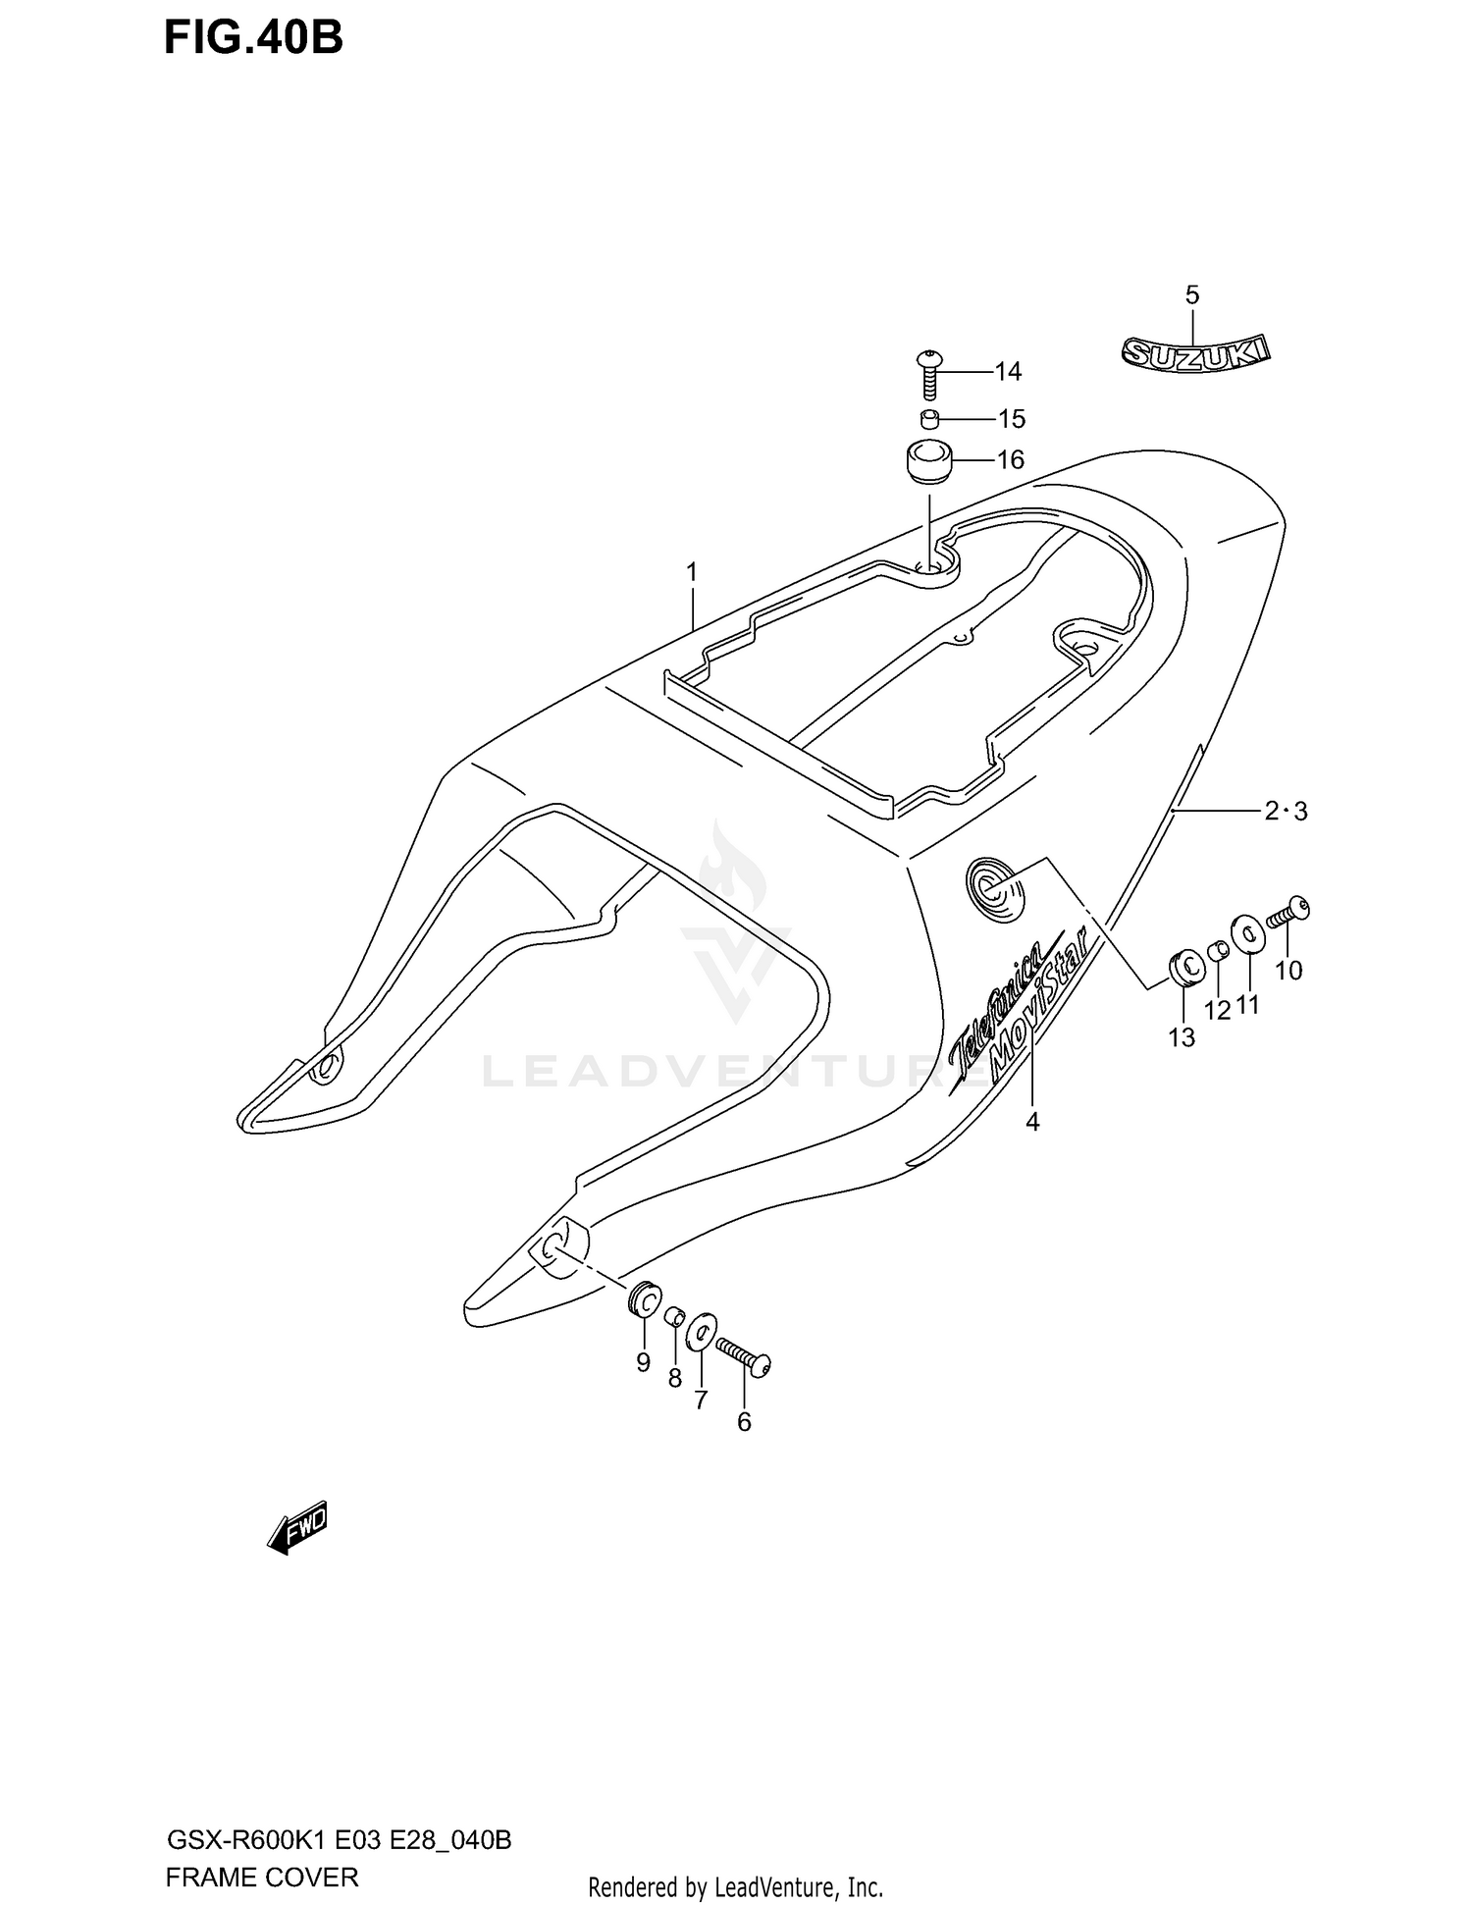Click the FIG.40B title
(253, 39)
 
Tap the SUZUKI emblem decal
(1195, 353)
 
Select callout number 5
(1192, 294)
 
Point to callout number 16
(1011, 459)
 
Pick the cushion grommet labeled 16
(928, 461)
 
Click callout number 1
(692, 571)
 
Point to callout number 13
(1182, 1036)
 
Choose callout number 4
(1032, 1121)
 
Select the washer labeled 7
(702, 1333)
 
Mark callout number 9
(644, 1361)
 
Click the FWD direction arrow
(298, 1527)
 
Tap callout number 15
(1012, 419)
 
